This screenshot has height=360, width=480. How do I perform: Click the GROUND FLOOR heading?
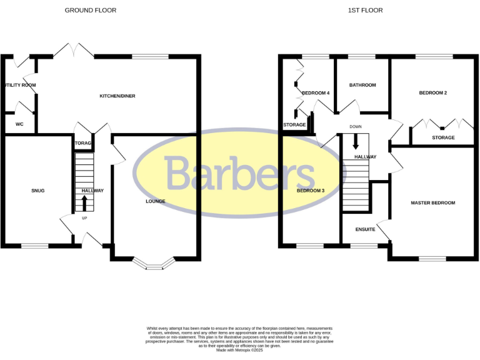[x=91, y=11]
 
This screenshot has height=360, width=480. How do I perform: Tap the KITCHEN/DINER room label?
[x=117, y=96]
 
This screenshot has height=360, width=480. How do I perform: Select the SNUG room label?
[x=38, y=191]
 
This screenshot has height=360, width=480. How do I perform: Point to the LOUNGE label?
[x=156, y=201]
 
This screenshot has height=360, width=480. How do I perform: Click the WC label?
[x=19, y=124]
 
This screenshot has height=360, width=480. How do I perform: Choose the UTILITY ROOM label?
[x=19, y=85]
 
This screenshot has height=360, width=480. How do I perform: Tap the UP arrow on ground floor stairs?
[x=84, y=203]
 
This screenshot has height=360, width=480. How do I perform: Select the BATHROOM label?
[x=362, y=85]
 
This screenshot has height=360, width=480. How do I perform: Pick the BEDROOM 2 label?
[x=432, y=93]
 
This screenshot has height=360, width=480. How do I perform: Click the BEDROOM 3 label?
[x=310, y=191]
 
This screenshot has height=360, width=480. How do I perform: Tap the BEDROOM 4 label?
[x=316, y=93]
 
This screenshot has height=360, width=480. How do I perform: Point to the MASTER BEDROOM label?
[x=432, y=203]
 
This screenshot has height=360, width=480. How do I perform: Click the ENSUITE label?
[x=365, y=229]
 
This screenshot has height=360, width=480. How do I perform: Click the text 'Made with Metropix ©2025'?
[x=239, y=351]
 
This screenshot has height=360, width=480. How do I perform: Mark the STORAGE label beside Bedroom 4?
[x=294, y=125]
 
